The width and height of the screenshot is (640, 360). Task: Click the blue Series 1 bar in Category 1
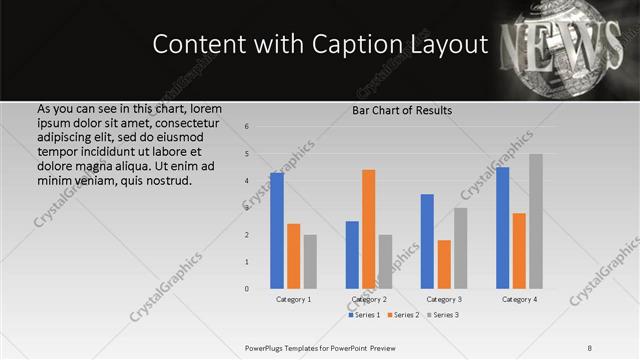click(x=277, y=231)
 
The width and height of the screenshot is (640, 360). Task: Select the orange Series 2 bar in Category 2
click(x=369, y=229)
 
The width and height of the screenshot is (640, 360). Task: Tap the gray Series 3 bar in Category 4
click(x=536, y=221)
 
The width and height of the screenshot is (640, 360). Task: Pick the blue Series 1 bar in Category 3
click(x=427, y=241)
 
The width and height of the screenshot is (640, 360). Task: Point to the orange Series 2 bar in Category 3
click(x=444, y=264)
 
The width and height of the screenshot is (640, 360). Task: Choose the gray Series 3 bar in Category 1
click(x=310, y=262)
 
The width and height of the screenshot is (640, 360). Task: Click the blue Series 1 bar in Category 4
click(x=502, y=228)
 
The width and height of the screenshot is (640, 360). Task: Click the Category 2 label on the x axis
click(x=369, y=299)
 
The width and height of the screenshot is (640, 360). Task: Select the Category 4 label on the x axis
click(x=519, y=299)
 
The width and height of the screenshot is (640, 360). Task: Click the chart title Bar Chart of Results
click(x=402, y=110)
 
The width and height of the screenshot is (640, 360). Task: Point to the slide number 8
click(x=590, y=347)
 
